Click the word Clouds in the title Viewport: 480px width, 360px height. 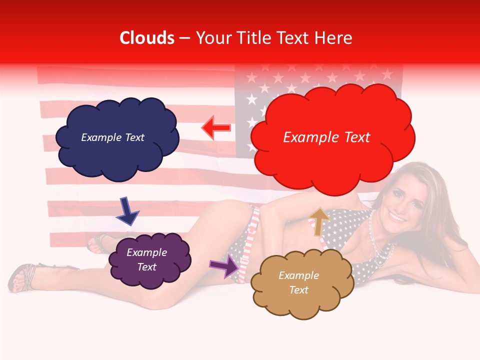point(147,38)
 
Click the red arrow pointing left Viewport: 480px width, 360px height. point(216,128)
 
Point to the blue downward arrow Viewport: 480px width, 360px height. point(127,211)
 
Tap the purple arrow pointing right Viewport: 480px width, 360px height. point(224,266)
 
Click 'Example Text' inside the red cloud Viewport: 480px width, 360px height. point(326,137)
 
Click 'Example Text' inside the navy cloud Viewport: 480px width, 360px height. point(112,137)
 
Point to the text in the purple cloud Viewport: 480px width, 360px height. point(146,259)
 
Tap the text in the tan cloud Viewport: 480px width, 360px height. point(298,282)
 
